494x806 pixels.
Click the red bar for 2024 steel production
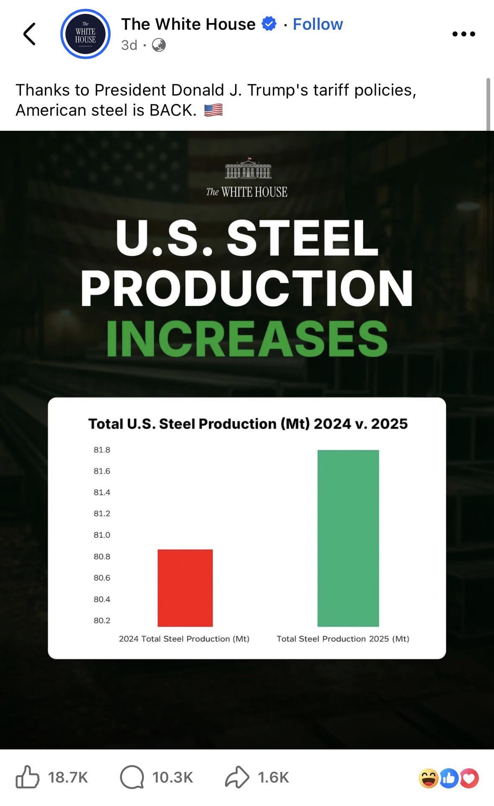pos(185,588)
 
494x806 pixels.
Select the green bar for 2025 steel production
pos(348,538)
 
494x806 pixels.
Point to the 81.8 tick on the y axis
pos(102,450)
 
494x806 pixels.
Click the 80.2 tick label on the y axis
pos(102,620)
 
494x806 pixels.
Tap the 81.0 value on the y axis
pos(102,535)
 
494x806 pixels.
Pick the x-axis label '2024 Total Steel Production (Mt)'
pos(184,639)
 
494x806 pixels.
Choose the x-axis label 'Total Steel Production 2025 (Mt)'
pos(343,639)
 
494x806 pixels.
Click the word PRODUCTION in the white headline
pos(247,288)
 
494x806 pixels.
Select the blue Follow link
pos(318,24)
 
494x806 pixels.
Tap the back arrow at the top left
pos(29,34)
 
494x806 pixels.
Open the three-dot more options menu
pos(464,34)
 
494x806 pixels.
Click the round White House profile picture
pos(85,34)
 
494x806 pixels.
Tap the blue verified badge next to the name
pos(269,24)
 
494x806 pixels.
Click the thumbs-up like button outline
pos(27,777)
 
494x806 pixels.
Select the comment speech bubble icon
pos(132,777)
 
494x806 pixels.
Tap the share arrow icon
pos(237,777)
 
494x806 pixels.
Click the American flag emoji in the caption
pos(214,110)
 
